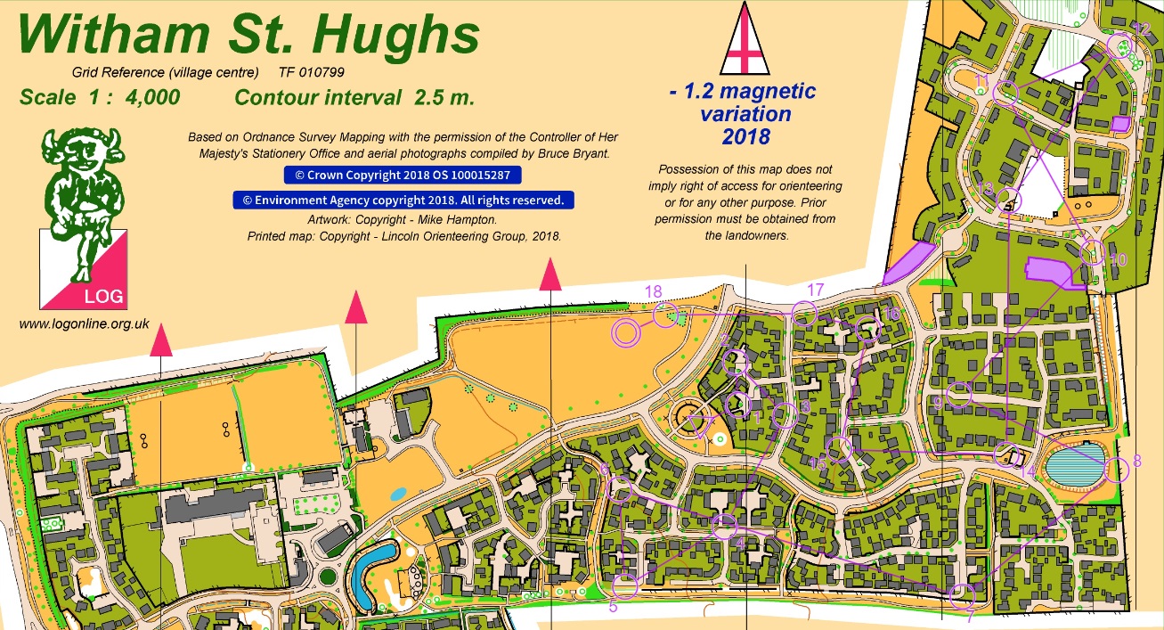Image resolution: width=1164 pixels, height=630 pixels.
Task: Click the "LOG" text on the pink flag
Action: tap(104, 296)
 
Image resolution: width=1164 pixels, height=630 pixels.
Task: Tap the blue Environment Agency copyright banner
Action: tap(403, 200)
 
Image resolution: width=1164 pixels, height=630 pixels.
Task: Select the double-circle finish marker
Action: tap(626, 332)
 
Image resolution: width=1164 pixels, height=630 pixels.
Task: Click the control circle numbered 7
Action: tap(962, 594)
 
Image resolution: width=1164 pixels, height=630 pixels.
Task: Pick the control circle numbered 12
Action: tap(1119, 45)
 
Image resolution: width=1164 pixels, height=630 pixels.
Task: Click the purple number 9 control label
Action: tap(938, 404)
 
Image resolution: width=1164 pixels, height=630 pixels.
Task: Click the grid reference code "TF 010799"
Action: tap(312, 72)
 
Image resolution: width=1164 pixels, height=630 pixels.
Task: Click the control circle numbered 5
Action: tap(625, 585)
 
